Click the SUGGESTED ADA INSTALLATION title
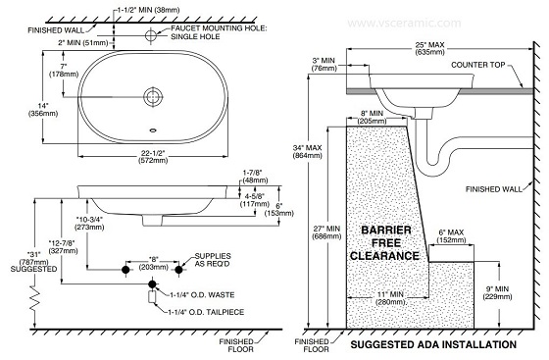(x=432, y=345)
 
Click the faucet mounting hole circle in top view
(x=154, y=35)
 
